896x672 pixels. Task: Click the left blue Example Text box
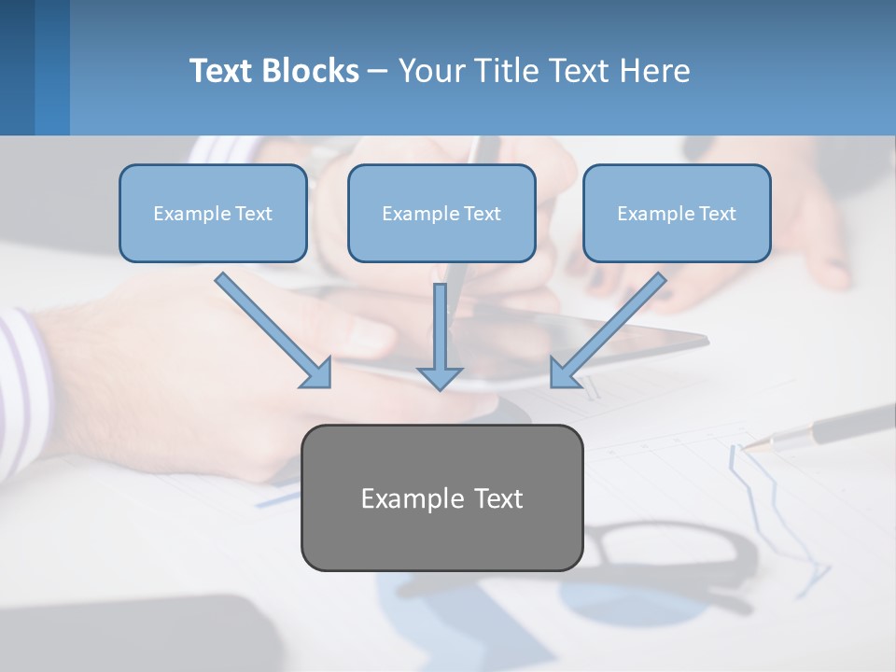point(213,213)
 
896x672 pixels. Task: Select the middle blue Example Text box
point(441,213)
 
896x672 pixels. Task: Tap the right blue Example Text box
point(677,213)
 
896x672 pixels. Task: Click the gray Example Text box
point(441,497)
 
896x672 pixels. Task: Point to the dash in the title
point(378,71)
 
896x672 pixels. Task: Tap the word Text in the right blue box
point(717,214)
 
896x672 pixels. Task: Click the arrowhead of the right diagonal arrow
point(564,373)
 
